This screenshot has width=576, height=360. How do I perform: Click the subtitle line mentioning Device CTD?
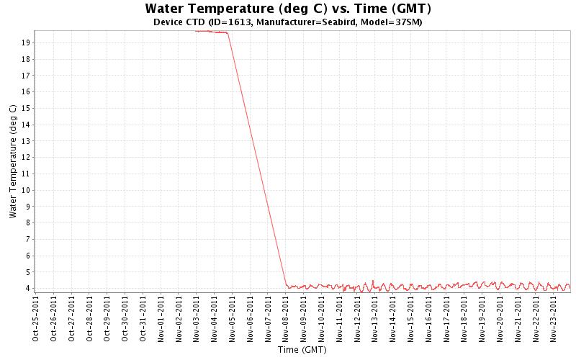tap(288, 22)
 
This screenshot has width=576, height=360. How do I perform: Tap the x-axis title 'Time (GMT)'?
tap(302, 350)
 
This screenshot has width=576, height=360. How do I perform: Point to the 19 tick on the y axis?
tap(25, 42)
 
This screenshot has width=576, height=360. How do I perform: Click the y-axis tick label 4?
tap(27, 288)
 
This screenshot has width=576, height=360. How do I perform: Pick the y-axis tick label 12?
tap(25, 157)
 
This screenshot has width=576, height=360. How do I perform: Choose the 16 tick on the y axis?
tap(25, 91)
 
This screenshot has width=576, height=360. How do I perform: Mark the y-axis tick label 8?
tap(27, 222)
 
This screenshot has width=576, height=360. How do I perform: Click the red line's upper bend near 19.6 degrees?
tap(228, 33)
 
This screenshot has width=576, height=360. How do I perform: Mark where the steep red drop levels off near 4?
tap(287, 286)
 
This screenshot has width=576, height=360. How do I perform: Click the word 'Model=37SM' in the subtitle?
tap(396, 22)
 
